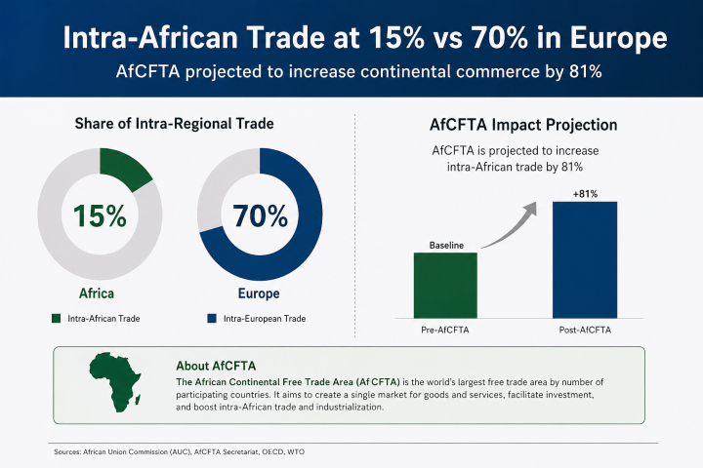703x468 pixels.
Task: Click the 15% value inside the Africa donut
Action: (x=99, y=214)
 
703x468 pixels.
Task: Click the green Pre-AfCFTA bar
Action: (x=445, y=285)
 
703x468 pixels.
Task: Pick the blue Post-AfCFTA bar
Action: (x=585, y=258)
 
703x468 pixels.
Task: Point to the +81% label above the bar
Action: (x=585, y=192)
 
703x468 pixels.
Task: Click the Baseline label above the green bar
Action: (x=445, y=244)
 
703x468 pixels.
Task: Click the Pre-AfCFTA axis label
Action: (x=445, y=331)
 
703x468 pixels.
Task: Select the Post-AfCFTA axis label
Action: (x=585, y=331)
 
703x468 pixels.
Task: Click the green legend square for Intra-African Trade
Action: (x=58, y=318)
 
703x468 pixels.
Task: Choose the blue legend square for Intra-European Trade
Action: (x=211, y=318)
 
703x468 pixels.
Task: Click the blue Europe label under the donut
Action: (x=258, y=293)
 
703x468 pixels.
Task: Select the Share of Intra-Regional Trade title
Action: (x=174, y=124)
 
